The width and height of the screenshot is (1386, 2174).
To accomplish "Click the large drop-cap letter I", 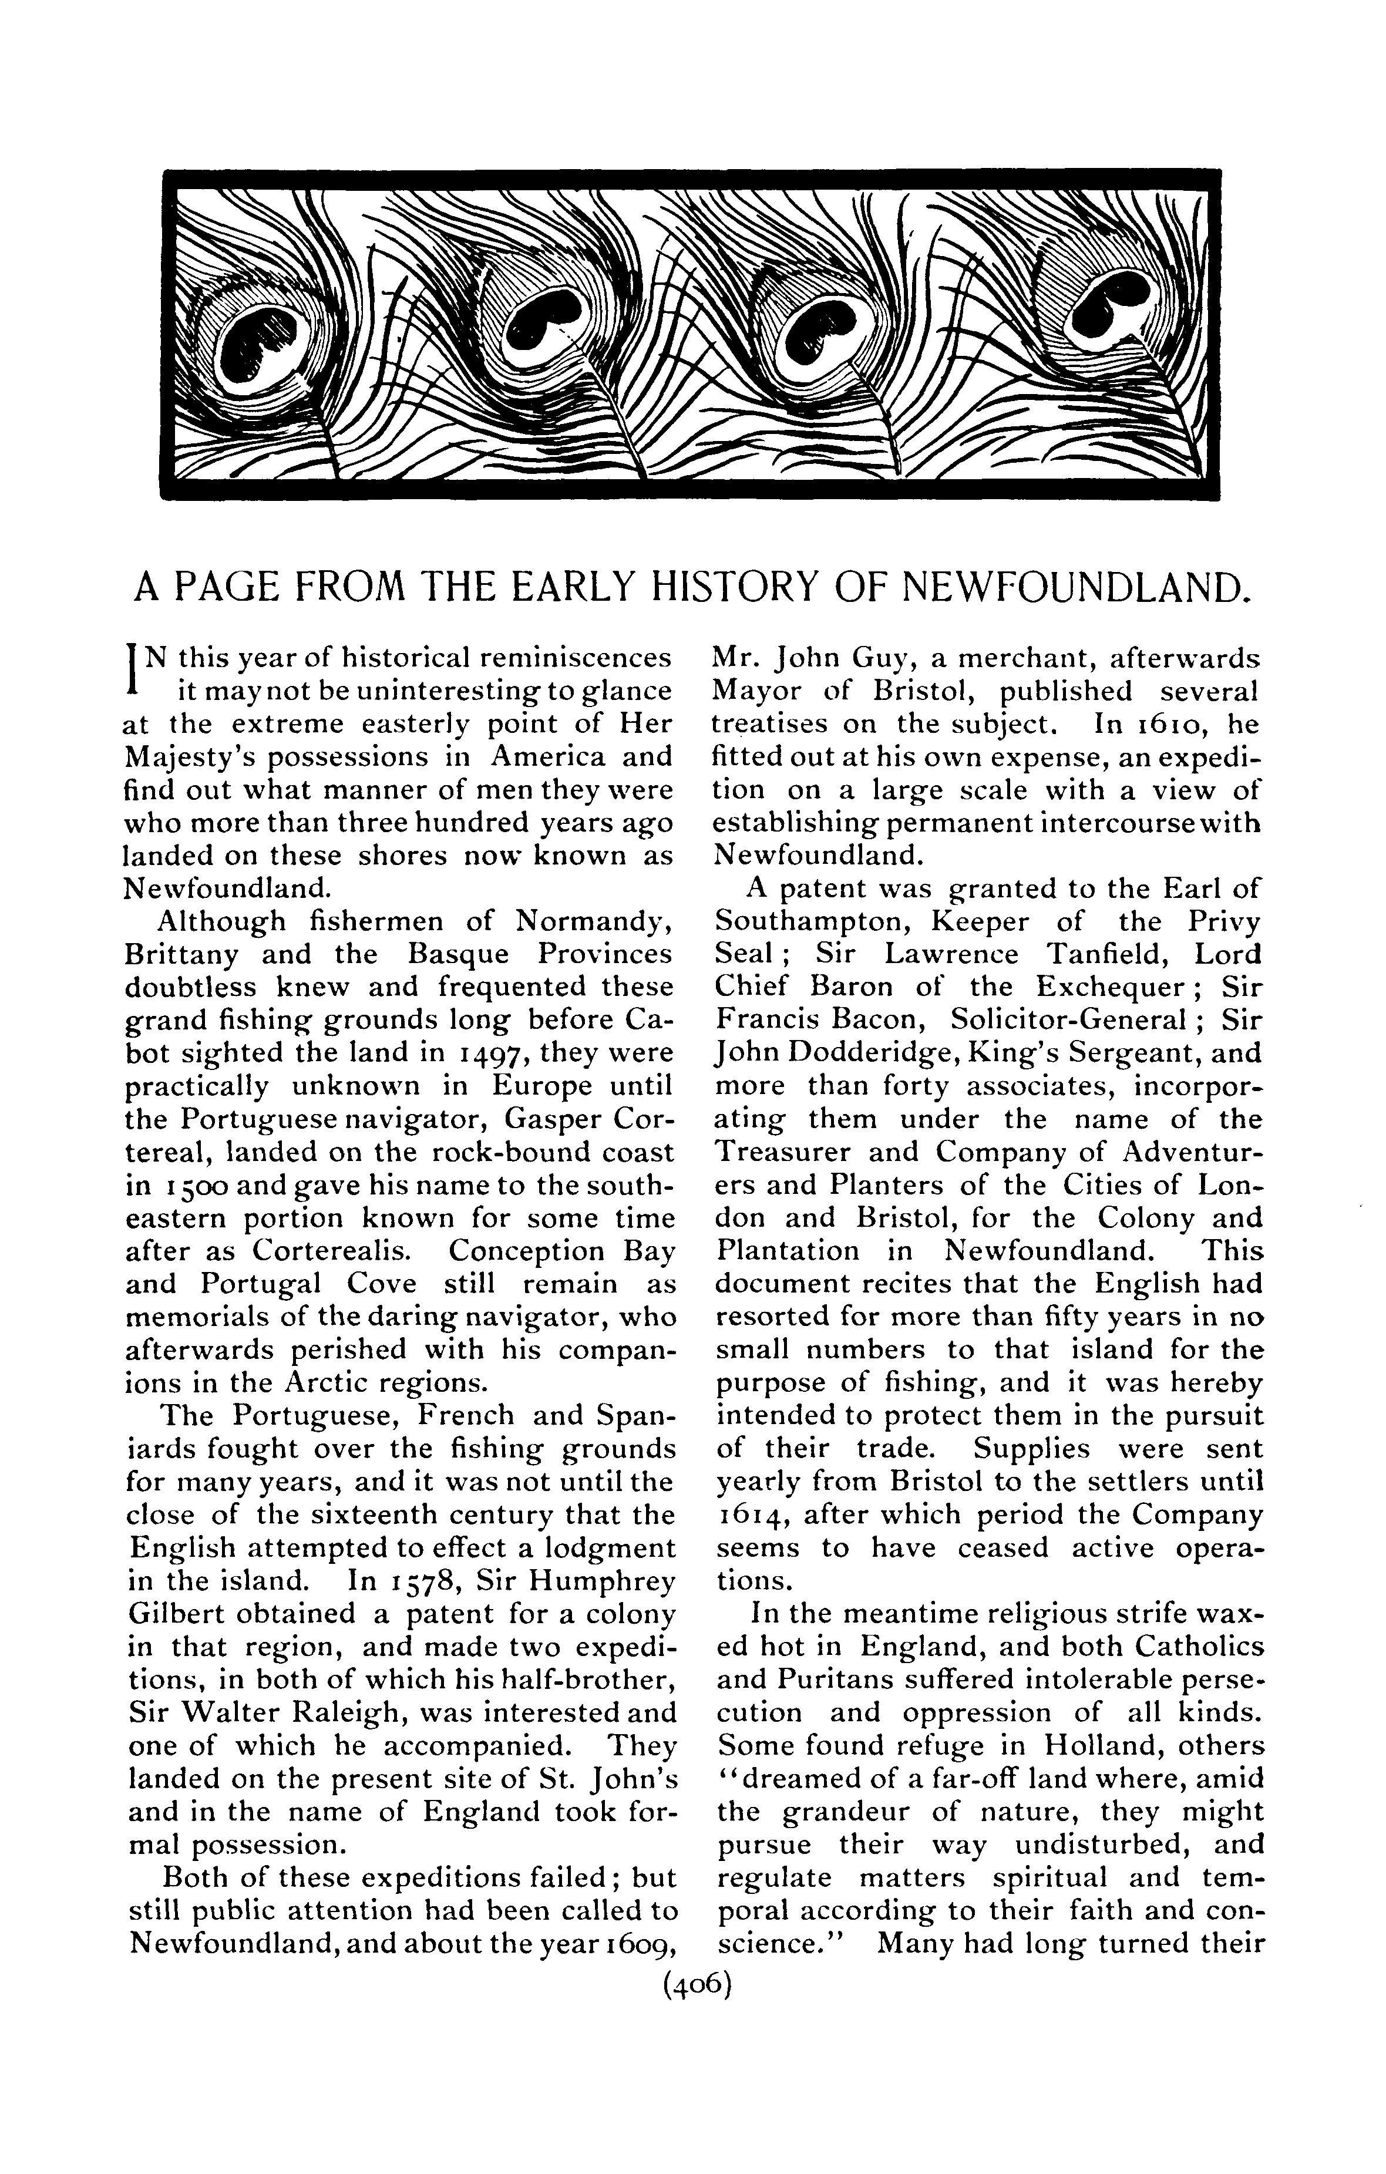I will (133, 665).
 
